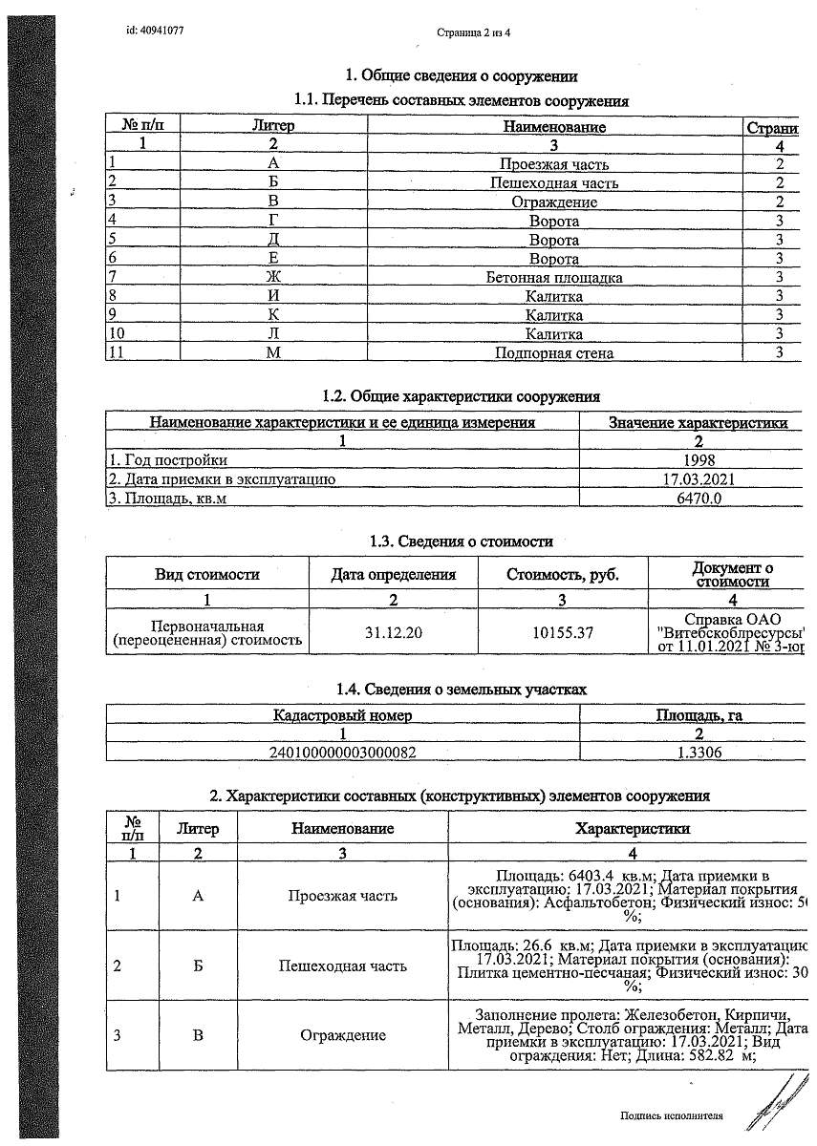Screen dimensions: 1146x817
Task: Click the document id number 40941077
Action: (x=155, y=31)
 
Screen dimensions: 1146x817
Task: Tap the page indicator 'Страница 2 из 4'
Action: (x=474, y=32)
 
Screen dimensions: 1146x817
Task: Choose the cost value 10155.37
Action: (x=563, y=632)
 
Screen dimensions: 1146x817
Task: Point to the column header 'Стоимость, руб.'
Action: (x=563, y=575)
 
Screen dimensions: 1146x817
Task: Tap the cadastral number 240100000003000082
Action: (x=343, y=752)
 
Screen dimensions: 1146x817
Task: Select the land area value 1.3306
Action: (x=699, y=752)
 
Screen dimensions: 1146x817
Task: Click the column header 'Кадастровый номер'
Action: (x=343, y=715)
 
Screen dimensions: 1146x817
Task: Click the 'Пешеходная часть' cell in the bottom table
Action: (x=342, y=966)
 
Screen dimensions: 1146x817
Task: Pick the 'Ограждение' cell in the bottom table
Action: (x=342, y=1035)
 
